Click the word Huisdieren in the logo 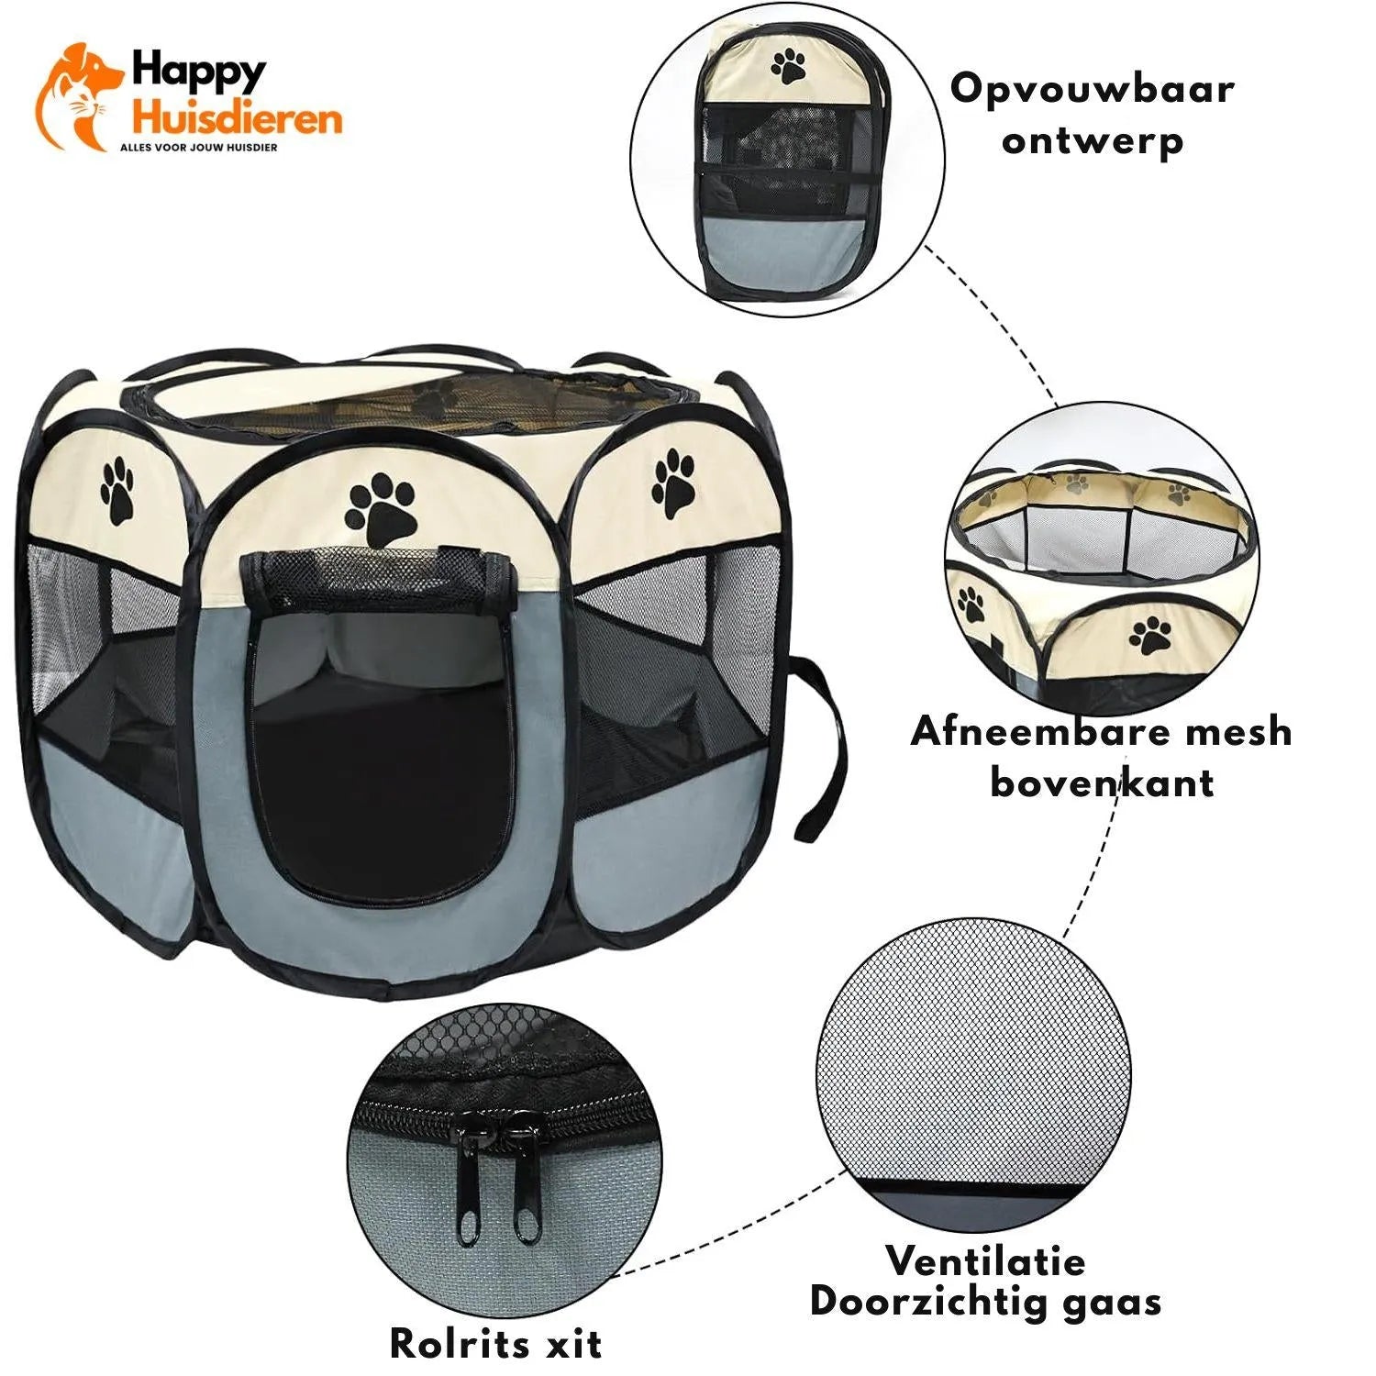(x=237, y=118)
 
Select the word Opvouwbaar (x=1092, y=91)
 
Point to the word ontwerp (x=1092, y=142)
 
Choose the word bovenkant (x=1102, y=782)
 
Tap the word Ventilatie (x=986, y=1260)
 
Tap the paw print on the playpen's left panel (x=118, y=492)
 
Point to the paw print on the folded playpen (x=789, y=66)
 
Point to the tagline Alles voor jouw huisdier (x=199, y=147)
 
